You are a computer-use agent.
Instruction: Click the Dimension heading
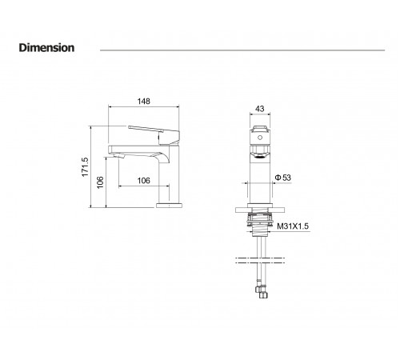click(46, 48)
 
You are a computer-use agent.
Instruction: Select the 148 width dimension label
click(143, 102)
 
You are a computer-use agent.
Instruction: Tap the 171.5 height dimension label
click(85, 167)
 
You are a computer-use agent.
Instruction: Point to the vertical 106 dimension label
click(100, 182)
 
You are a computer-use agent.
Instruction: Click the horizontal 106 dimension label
click(143, 181)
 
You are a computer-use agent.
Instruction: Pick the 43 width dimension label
click(260, 109)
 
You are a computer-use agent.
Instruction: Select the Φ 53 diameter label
click(283, 178)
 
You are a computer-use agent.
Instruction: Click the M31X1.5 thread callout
click(293, 226)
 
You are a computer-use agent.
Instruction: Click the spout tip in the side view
click(118, 155)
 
